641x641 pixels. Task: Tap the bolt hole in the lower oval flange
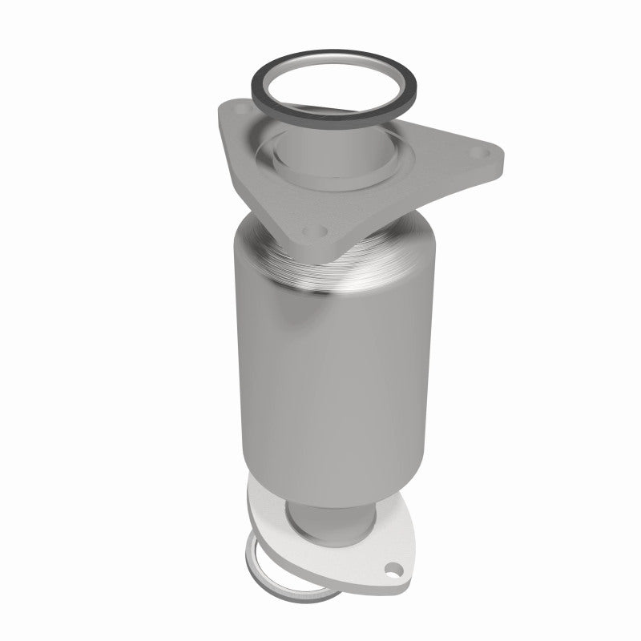[392, 570]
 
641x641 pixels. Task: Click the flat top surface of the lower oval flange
[353, 553]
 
